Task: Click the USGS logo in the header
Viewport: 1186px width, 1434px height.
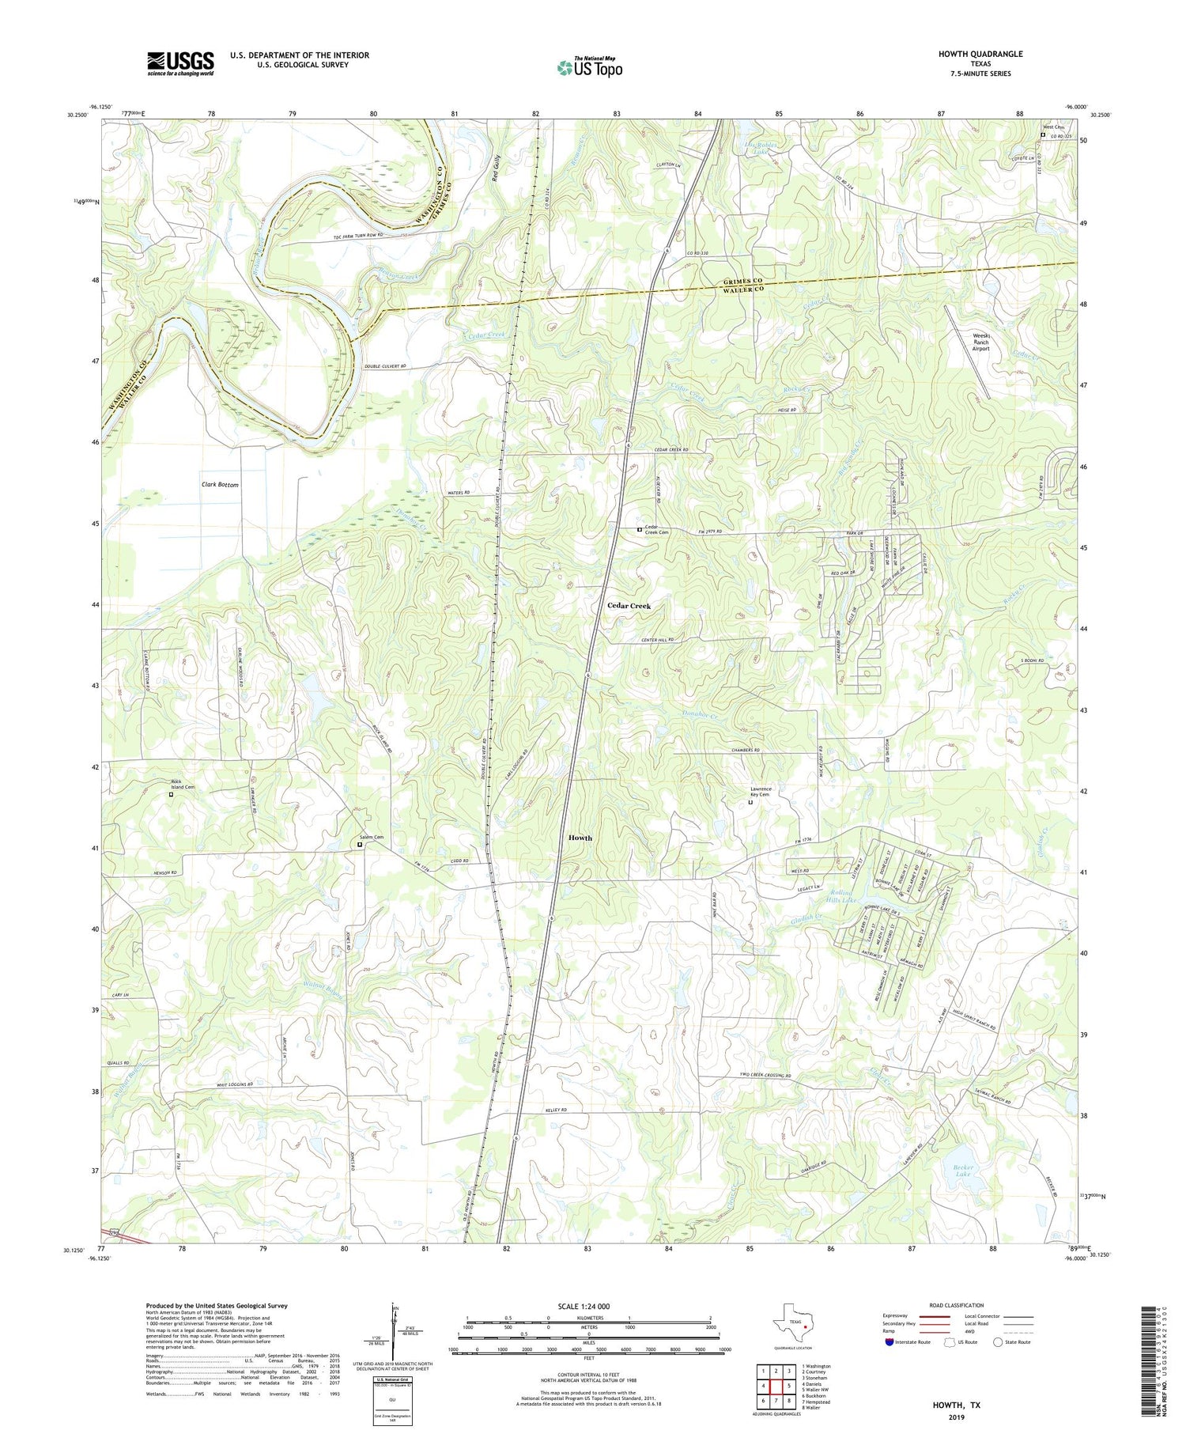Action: tap(180, 63)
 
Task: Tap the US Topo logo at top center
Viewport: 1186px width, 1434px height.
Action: tap(589, 68)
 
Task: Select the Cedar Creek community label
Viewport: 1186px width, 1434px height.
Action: tap(629, 605)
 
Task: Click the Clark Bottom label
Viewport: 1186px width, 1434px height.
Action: tap(220, 484)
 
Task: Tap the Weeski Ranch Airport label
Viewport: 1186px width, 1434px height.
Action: tap(980, 342)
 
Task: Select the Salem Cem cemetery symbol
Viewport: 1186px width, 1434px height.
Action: tap(360, 845)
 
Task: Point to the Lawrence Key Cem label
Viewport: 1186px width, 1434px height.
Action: tap(760, 792)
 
